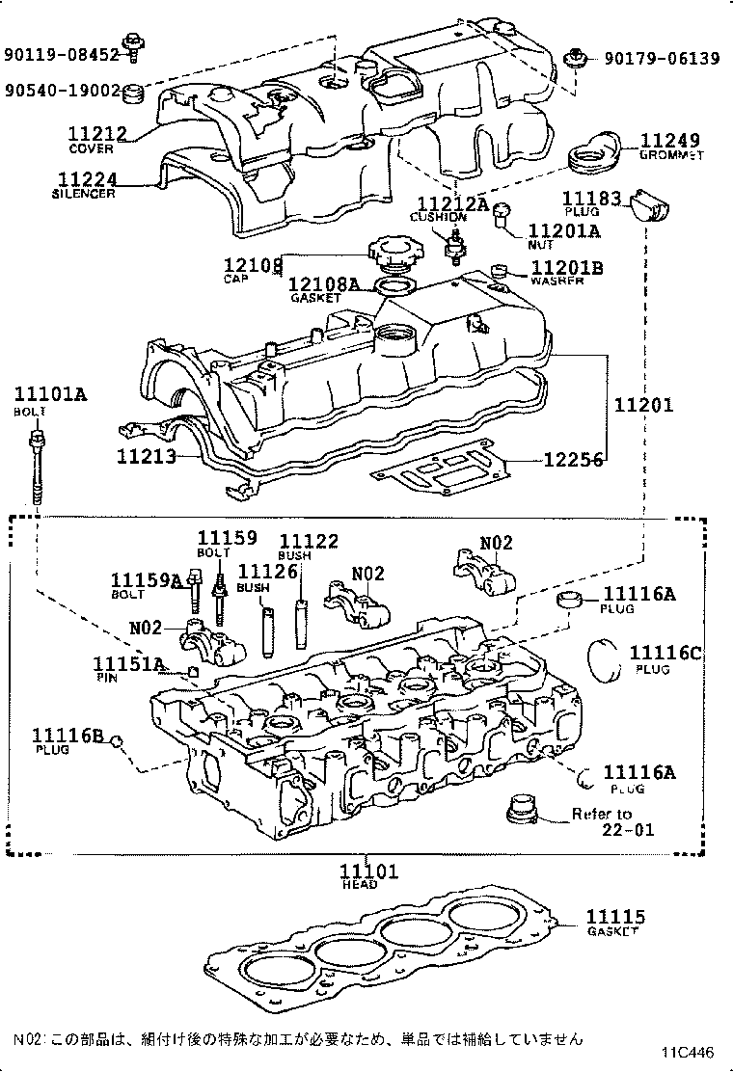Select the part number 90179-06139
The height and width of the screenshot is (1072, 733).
(x=662, y=59)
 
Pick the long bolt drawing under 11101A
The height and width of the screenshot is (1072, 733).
(x=38, y=468)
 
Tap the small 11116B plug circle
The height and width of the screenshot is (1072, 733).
(x=116, y=740)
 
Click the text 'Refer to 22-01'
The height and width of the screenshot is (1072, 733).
(x=613, y=821)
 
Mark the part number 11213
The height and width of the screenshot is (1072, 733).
(x=147, y=455)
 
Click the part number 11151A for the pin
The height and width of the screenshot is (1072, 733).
(x=127, y=664)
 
